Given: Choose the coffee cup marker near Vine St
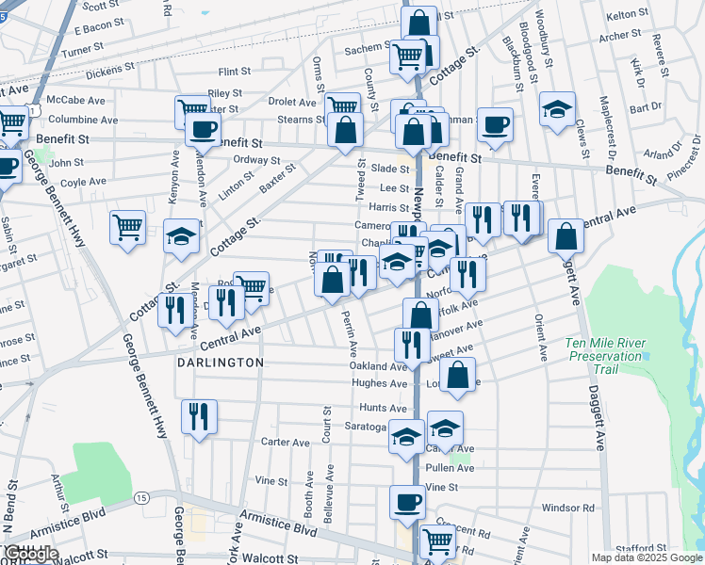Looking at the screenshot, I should [x=407, y=502].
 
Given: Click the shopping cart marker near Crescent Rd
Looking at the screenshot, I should [x=437, y=541].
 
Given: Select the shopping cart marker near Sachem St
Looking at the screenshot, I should [x=407, y=56].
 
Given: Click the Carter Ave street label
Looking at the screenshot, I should [x=285, y=443].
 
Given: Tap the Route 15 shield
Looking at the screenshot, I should [x=140, y=496].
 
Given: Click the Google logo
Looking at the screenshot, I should [x=29, y=554].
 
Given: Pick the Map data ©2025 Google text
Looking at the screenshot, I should [x=647, y=557].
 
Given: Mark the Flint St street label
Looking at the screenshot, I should [x=234, y=72].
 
